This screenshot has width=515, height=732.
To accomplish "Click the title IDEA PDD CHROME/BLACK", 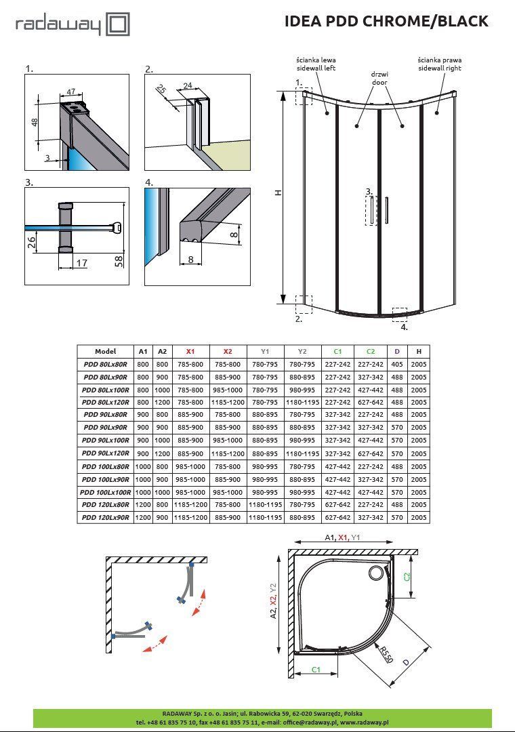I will (386, 21).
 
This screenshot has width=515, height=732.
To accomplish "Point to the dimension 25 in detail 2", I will (161, 89).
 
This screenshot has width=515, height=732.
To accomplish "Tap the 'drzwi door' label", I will (379, 77).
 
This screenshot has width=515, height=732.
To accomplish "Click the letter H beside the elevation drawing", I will (278, 192).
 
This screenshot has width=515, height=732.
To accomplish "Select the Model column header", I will (106, 352).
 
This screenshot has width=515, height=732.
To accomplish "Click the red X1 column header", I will (190, 352).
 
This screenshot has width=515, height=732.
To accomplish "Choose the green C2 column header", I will (370, 352).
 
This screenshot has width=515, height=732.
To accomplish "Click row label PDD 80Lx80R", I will (106, 365).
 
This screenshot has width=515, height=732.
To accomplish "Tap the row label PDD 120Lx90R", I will (106, 518).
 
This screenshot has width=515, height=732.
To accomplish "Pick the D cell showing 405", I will (397, 365).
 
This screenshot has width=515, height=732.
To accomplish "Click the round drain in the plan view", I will (375, 574).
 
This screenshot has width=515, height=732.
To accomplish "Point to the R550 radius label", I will (385, 655).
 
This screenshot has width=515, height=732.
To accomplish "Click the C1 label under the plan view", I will (316, 670).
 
